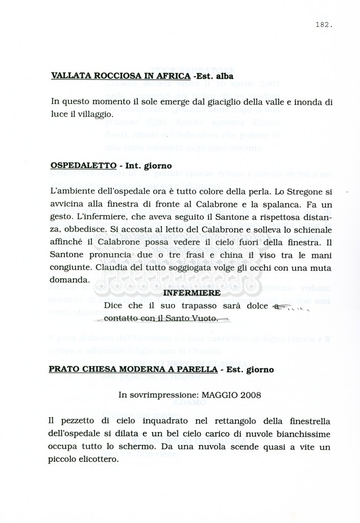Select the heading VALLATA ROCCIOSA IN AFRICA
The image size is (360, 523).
pyautogui.click(x=121, y=76)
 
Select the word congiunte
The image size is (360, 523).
pyautogui.click(x=69, y=267)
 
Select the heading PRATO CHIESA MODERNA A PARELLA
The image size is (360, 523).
pyautogui.click(x=133, y=369)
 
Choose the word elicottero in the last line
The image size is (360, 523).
pyautogui.click(x=99, y=459)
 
